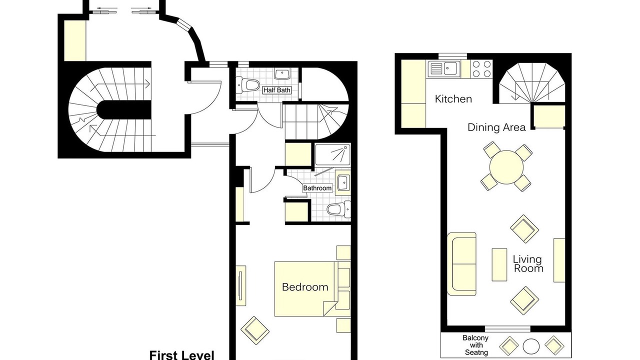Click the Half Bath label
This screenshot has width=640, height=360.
pyautogui.click(x=277, y=90)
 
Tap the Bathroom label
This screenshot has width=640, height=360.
pyautogui.click(x=317, y=188)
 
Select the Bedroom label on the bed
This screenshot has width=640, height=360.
pyautogui.click(x=305, y=287)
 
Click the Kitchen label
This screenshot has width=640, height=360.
pyautogui.click(x=453, y=99)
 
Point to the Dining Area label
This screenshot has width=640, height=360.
pyautogui.click(x=496, y=127)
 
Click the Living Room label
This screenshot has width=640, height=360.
pyautogui.click(x=528, y=263)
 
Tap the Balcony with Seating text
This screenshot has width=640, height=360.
pyautogui.click(x=475, y=345)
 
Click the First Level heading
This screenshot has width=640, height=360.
pyautogui.click(x=181, y=355)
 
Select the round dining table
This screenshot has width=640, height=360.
pyautogui.click(x=506, y=167)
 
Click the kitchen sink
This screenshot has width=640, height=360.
pyautogui.click(x=443, y=69)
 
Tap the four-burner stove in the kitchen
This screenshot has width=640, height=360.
pyautogui.click(x=481, y=69)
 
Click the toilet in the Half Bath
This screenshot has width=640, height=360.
pyautogui.click(x=247, y=85)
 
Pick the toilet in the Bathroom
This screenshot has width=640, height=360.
pyautogui.click(x=338, y=209)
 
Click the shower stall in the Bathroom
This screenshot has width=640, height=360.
pyautogui.click(x=333, y=154)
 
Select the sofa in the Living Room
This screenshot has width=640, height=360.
pyautogui.click(x=461, y=263)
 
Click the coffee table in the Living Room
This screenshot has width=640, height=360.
pyautogui.click(x=499, y=264)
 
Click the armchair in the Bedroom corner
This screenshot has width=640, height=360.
pyautogui.click(x=255, y=330)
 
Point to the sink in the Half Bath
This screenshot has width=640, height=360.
pyautogui.click(x=282, y=73)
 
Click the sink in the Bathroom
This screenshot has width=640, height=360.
pyautogui.click(x=343, y=182)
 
